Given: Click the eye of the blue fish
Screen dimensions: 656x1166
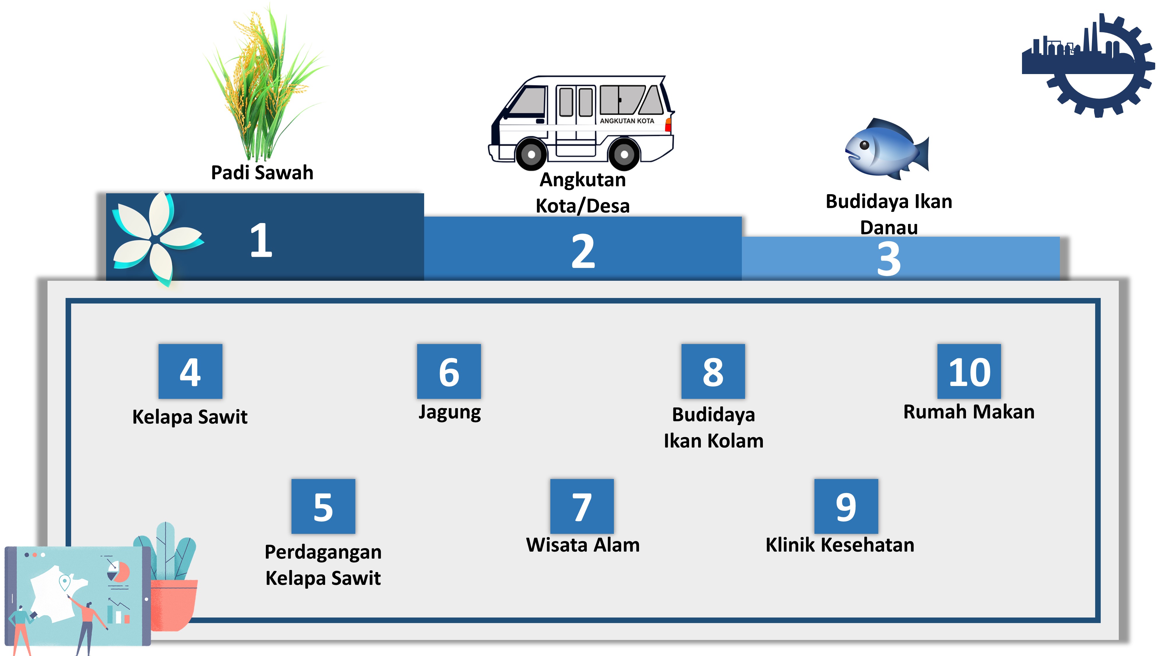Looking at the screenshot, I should (x=864, y=145).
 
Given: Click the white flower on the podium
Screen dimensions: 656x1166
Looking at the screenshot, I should (x=154, y=238).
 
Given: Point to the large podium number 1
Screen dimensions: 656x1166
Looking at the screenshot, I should (x=261, y=240).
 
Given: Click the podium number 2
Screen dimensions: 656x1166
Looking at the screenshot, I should (x=582, y=251).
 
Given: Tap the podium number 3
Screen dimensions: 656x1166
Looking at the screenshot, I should (x=888, y=259).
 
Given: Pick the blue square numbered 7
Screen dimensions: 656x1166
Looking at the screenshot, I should (x=582, y=506).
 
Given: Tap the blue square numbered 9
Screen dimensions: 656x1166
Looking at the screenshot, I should (x=846, y=506).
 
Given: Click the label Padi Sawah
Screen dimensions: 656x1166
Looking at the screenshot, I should (x=262, y=173).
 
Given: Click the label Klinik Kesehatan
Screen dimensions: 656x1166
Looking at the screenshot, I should (x=840, y=545).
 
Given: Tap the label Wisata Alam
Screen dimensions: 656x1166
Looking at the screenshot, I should (x=582, y=545).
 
